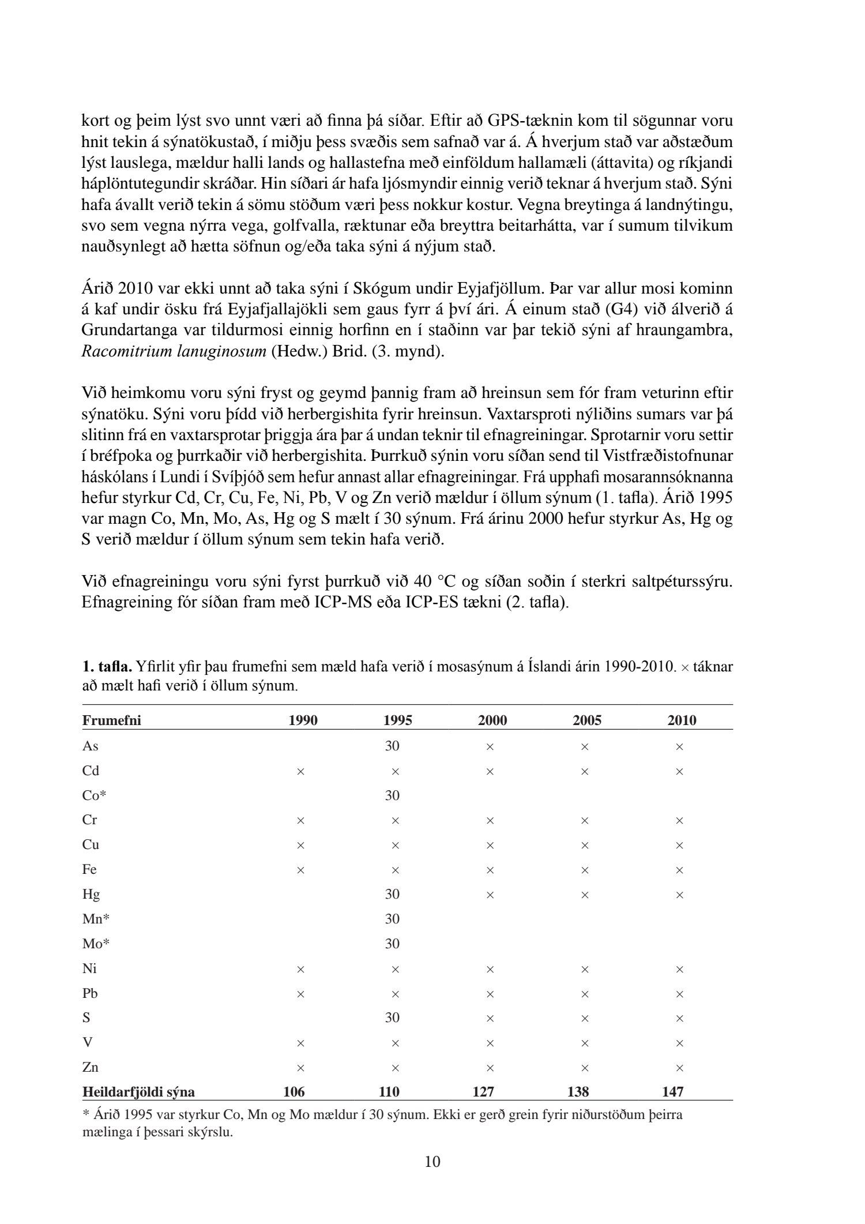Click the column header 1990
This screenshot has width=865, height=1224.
(303, 720)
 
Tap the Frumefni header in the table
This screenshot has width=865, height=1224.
(111, 720)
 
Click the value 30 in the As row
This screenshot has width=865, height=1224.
(392, 746)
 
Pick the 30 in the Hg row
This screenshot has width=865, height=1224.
(392, 894)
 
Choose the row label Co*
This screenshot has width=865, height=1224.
(95, 795)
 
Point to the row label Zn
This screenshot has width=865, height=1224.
(91, 1067)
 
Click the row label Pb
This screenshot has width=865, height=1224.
(90, 993)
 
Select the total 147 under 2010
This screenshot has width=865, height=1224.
(673, 1091)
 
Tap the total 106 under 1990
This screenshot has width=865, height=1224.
(294, 1091)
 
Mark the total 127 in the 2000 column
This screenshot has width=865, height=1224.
(483, 1091)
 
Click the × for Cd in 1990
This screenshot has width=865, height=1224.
(300, 771)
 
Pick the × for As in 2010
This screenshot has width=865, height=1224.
(679, 746)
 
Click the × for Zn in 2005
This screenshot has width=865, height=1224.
(584, 1068)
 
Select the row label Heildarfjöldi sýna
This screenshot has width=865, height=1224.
(138, 1091)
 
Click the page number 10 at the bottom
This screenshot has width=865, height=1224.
(432, 1161)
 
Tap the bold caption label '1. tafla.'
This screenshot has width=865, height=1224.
(107, 667)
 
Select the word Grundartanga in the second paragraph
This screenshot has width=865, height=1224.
(119, 331)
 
